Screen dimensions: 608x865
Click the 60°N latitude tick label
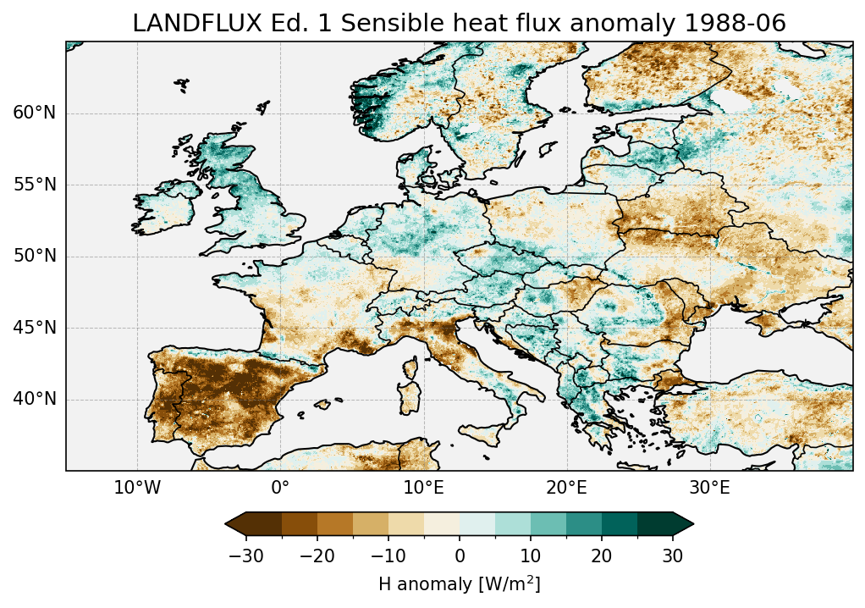tap(34, 113)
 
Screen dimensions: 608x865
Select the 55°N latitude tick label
tap(34, 185)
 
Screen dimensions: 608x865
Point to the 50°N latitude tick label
tap(34, 257)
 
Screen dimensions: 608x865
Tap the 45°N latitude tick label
tap(34, 328)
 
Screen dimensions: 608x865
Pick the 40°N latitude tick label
tap(34, 399)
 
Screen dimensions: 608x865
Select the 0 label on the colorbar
tap(460, 556)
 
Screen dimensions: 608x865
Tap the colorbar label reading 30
tap(673, 556)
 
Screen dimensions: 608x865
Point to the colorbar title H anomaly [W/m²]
tap(459, 583)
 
